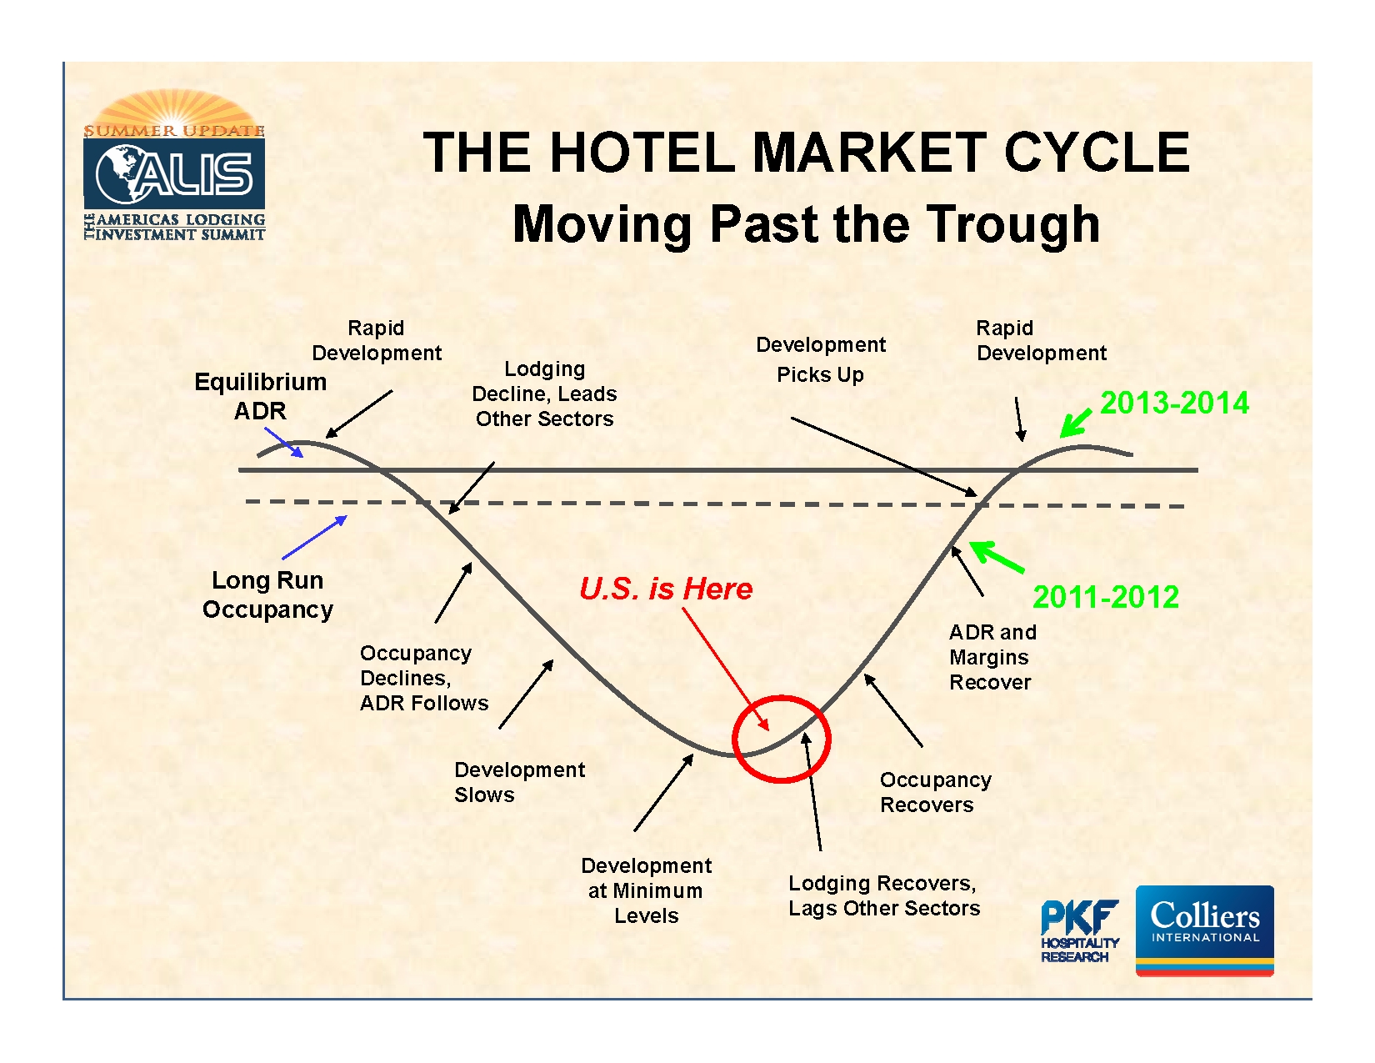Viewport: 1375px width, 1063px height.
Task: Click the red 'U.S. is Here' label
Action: pyautogui.click(x=665, y=589)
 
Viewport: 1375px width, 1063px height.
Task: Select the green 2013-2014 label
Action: pyautogui.click(x=1174, y=404)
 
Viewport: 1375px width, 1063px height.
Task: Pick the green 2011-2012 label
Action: pyautogui.click(x=1105, y=597)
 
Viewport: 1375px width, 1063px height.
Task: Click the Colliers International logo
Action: pyautogui.click(x=1204, y=930)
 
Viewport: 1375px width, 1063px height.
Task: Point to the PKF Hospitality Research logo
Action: pyautogui.click(x=1079, y=931)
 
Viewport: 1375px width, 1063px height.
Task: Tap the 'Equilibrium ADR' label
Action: pyautogui.click(x=260, y=396)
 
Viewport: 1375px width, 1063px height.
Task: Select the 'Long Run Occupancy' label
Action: pyautogui.click(x=267, y=594)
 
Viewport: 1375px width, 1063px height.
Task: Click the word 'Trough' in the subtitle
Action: pyautogui.click(x=1013, y=224)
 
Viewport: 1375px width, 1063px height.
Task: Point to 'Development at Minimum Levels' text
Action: pyautogui.click(x=646, y=890)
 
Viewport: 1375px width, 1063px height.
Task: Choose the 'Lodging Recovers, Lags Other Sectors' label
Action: pyautogui.click(x=883, y=895)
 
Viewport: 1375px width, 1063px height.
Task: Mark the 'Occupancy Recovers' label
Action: pyautogui.click(x=935, y=792)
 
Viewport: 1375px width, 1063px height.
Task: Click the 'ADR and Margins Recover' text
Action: pyautogui.click(x=992, y=657)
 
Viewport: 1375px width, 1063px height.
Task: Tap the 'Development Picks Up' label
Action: pyautogui.click(x=820, y=359)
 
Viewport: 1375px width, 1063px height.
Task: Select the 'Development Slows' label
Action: pyautogui.click(x=518, y=782)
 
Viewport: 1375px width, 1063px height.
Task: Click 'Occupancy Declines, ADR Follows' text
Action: pyautogui.click(x=423, y=678)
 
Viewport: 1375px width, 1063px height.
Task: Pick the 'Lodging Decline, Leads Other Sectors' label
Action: pyautogui.click(x=544, y=394)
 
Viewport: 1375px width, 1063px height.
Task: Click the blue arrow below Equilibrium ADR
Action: pyautogui.click(x=284, y=442)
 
